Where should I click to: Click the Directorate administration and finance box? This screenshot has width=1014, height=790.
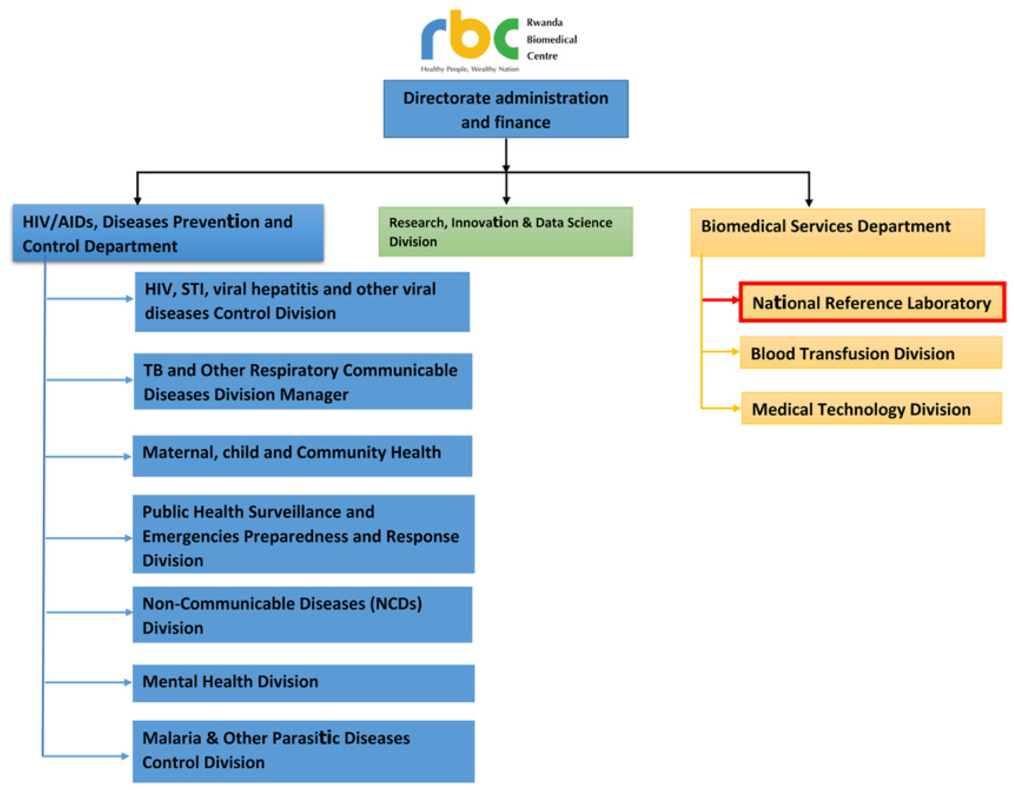(x=506, y=109)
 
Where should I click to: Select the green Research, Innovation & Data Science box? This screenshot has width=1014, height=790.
(x=506, y=232)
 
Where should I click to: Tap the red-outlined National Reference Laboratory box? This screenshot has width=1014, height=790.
(x=872, y=302)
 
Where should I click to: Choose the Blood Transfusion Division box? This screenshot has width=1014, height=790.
(x=871, y=353)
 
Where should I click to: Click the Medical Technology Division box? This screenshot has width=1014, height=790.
(x=871, y=409)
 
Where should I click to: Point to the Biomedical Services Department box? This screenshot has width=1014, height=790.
(x=837, y=232)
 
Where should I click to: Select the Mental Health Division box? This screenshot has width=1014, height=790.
(x=303, y=683)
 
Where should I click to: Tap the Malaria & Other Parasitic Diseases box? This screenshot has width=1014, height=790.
(x=303, y=751)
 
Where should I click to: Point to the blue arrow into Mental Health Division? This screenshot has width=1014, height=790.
(x=88, y=682)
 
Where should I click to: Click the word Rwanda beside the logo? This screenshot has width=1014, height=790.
(x=544, y=22)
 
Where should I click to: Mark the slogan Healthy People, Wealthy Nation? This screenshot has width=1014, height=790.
(x=469, y=69)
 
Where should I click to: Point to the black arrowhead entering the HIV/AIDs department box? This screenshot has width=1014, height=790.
(x=137, y=201)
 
